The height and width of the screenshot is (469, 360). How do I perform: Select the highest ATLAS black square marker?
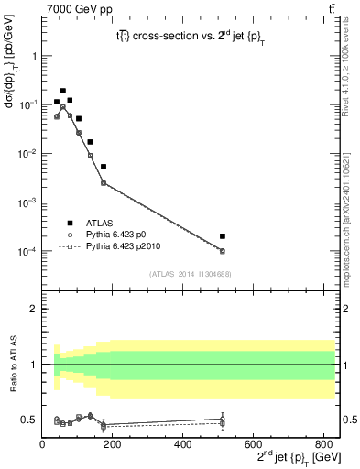tap(63, 91)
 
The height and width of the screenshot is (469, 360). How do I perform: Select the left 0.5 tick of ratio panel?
tap(31, 420)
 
